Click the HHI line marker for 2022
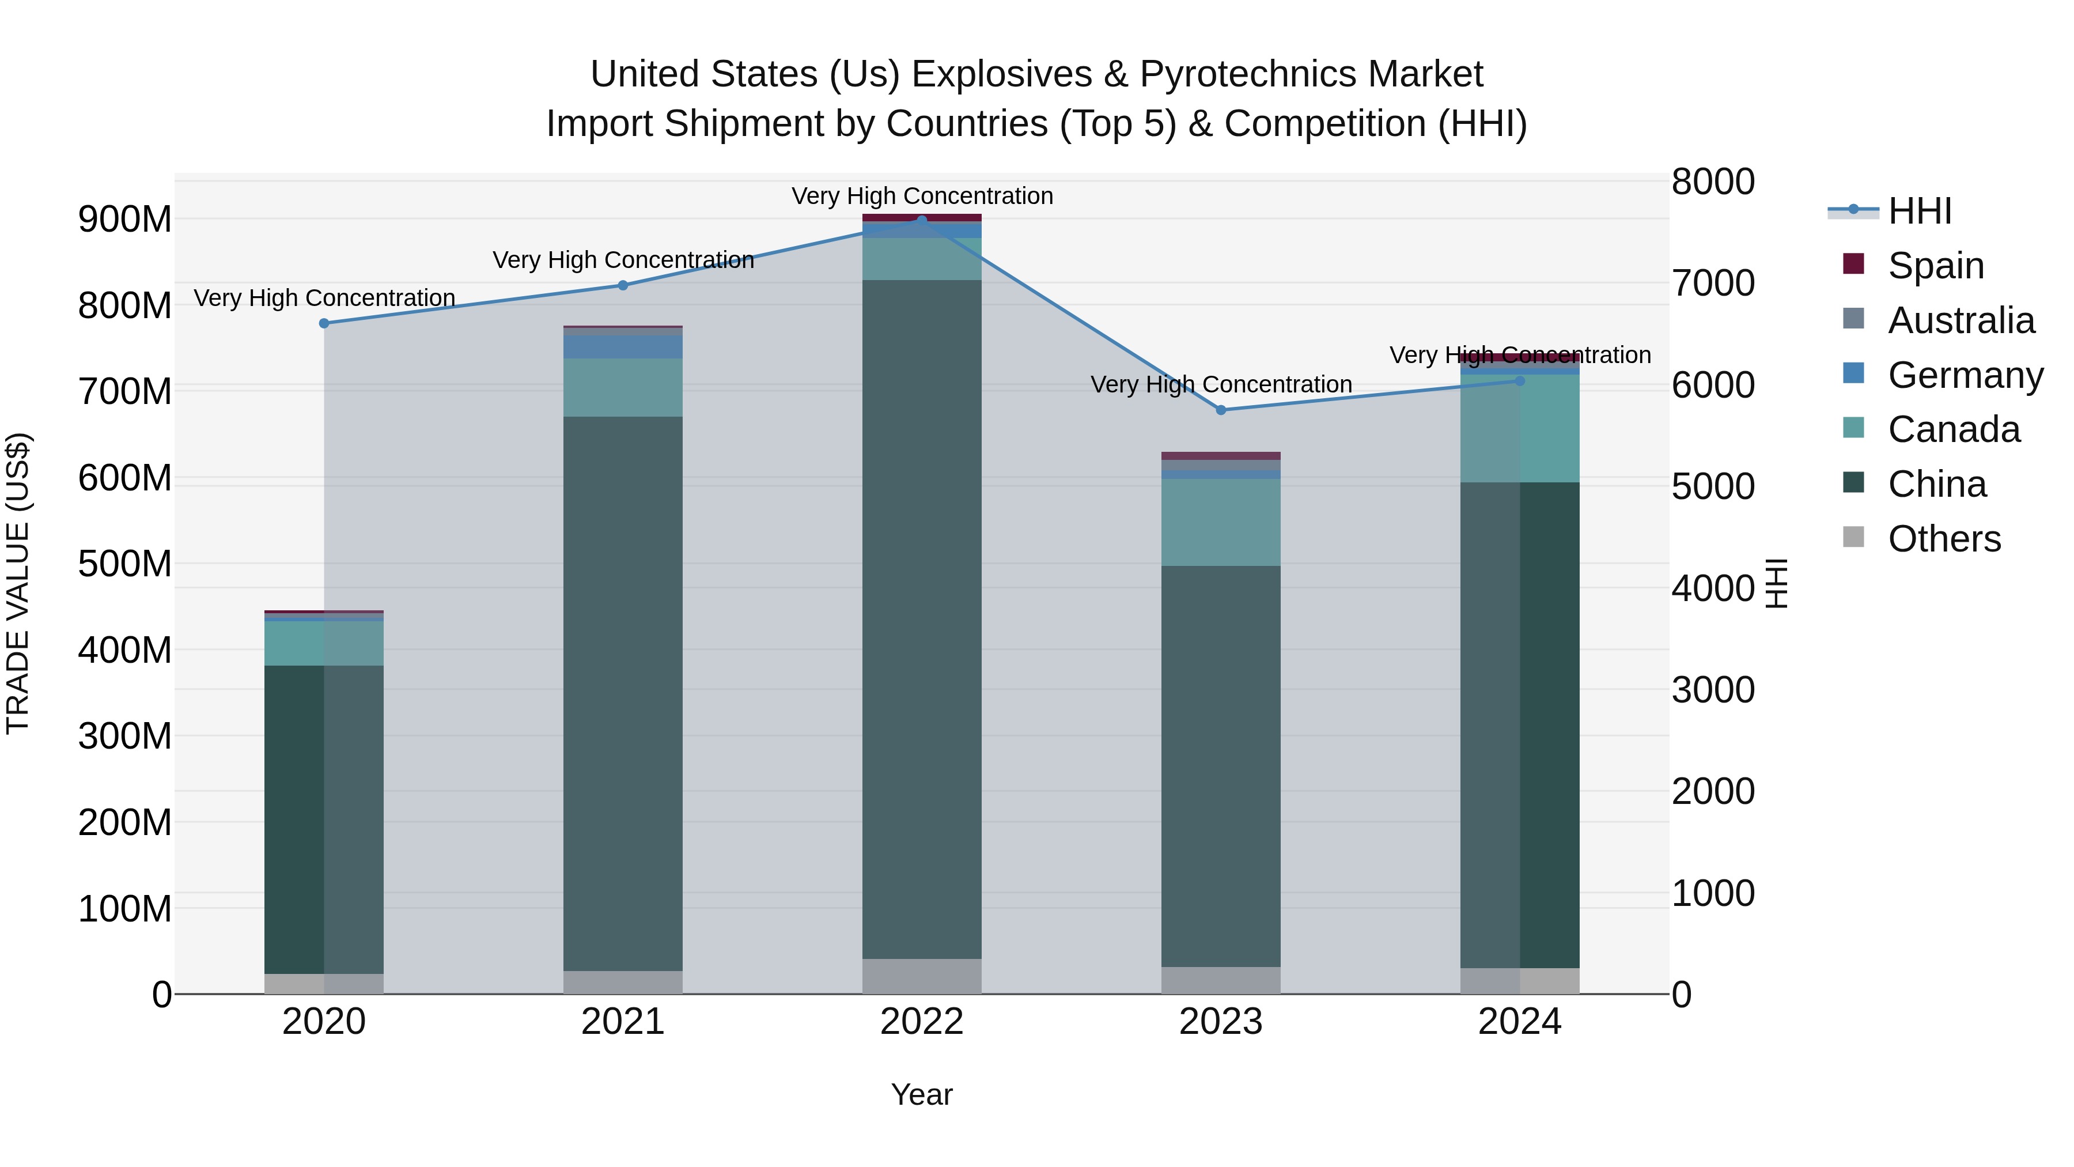pos(922,220)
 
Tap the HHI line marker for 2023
pos(1221,410)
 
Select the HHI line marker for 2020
pos(324,323)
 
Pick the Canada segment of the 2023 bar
pos(1221,522)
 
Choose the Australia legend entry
pos(1961,320)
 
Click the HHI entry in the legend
pos(1920,211)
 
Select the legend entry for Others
pos(1944,538)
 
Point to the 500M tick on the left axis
pos(125,563)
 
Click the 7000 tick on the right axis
pos(1713,283)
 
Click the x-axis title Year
pos(922,1094)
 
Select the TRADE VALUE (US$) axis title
pos(18,583)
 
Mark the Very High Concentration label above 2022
pos(922,196)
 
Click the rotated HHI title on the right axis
pos(1776,583)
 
